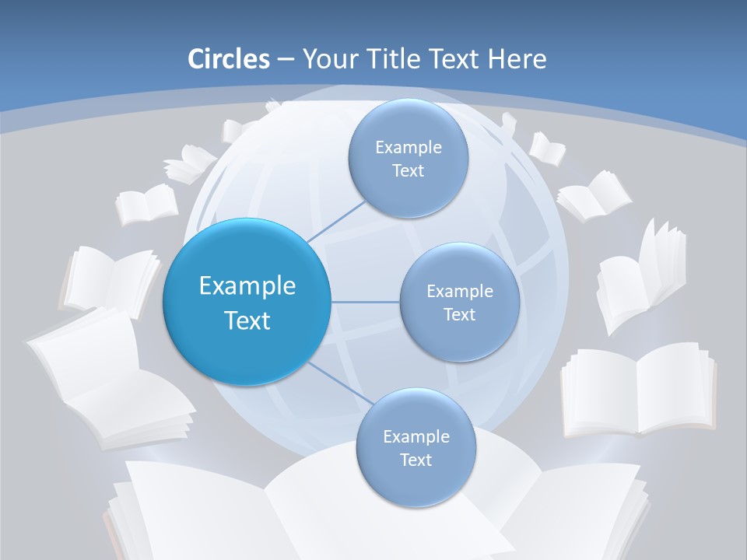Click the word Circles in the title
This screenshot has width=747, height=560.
click(x=228, y=59)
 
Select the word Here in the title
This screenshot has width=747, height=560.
click(x=517, y=59)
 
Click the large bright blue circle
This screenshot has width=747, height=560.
click(x=247, y=302)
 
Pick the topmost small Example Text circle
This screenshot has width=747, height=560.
click(x=408, y=159)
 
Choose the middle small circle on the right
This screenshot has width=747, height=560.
click(x=459, y=302)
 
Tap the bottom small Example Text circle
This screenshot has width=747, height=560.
click(x=416, y=447)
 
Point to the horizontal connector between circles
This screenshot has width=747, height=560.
click(x=366, y=302)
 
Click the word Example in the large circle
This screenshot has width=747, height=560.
click(x=247, y=286)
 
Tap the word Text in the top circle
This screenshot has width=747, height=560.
click(x=408, y=171)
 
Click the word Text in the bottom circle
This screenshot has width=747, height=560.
click(x=416, y=460)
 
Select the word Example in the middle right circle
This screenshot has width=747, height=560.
click(x=459, y=291)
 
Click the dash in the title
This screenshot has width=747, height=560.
click(x=285, y=59)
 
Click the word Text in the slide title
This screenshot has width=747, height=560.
click(x=454, y=59)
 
